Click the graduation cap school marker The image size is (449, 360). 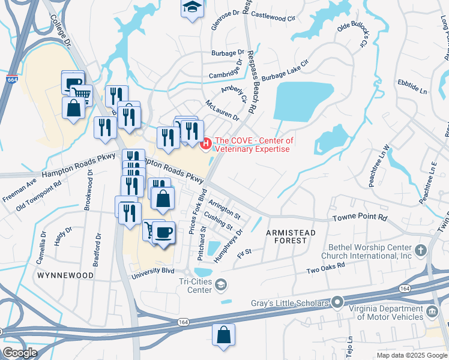pos(192,8)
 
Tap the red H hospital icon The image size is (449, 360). pos(206,143)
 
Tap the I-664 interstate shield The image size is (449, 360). pos(11,79)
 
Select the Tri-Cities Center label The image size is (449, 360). pos(195,286)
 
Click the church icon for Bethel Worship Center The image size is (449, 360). pos(421,249)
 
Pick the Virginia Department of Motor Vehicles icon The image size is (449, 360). pos(432,313)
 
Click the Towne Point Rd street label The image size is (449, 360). pos(358,219)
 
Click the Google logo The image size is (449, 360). pos(19,353)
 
